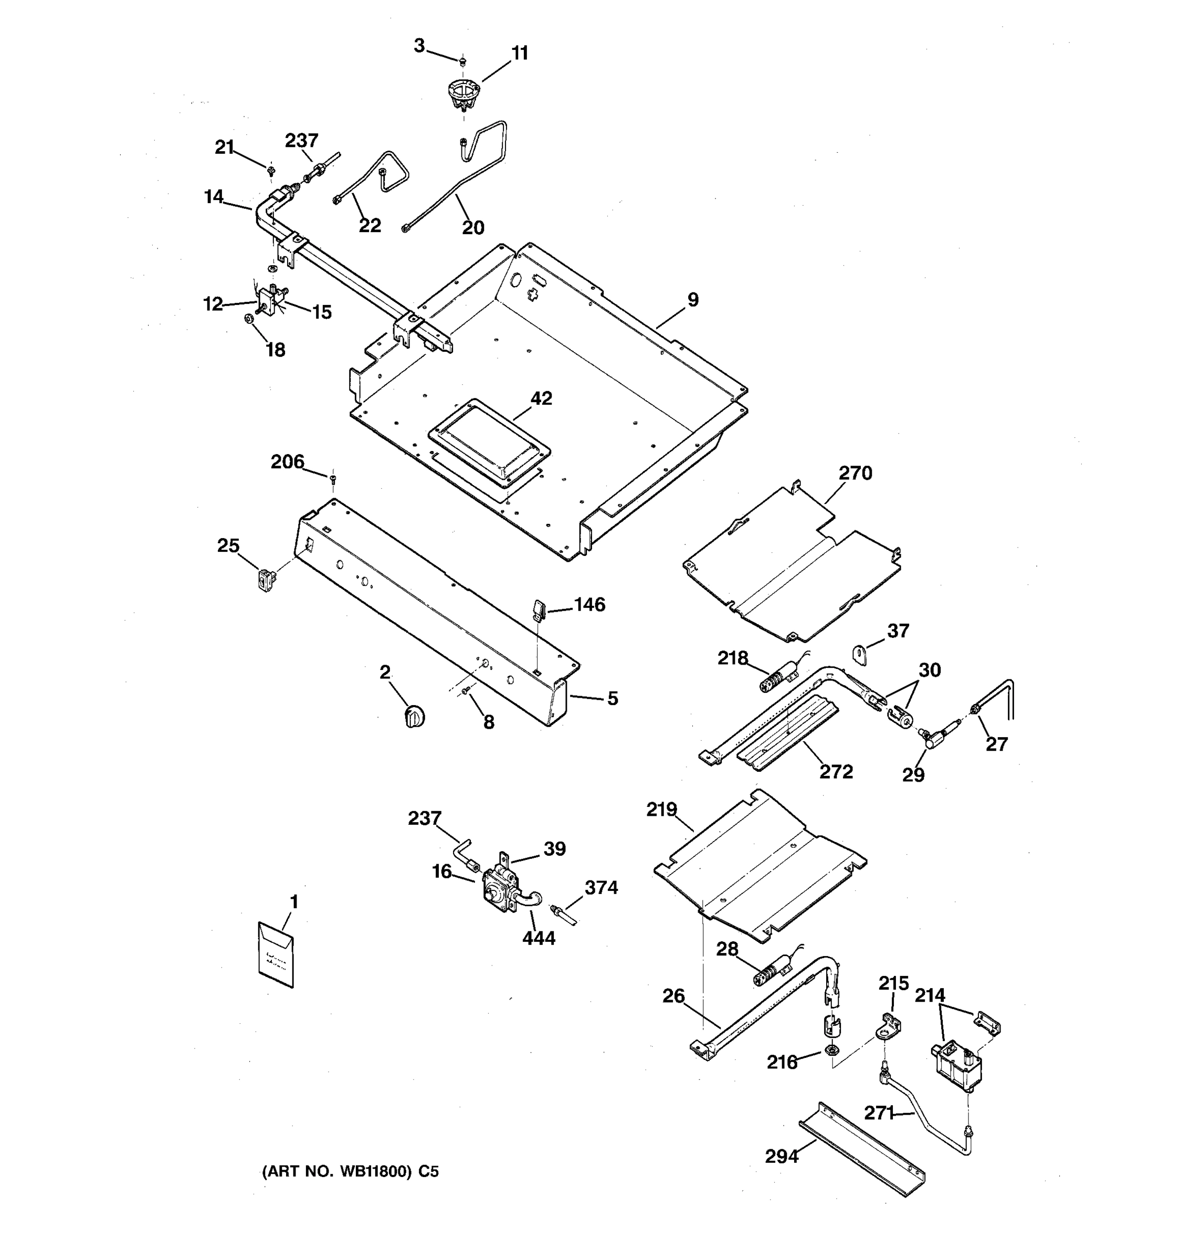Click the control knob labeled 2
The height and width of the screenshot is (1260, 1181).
pos(414,716)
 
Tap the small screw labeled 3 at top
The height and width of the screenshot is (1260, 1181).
pos(462,61)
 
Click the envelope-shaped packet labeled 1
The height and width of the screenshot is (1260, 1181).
pos(276,954)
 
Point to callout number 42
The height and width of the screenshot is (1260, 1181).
pos(541,398)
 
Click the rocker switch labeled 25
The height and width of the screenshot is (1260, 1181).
pos(266,579)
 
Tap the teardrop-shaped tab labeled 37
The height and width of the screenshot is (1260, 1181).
pos(859,654)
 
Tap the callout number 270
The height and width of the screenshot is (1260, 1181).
pos(856,473)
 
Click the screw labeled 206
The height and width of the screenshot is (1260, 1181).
pos(333,477)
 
